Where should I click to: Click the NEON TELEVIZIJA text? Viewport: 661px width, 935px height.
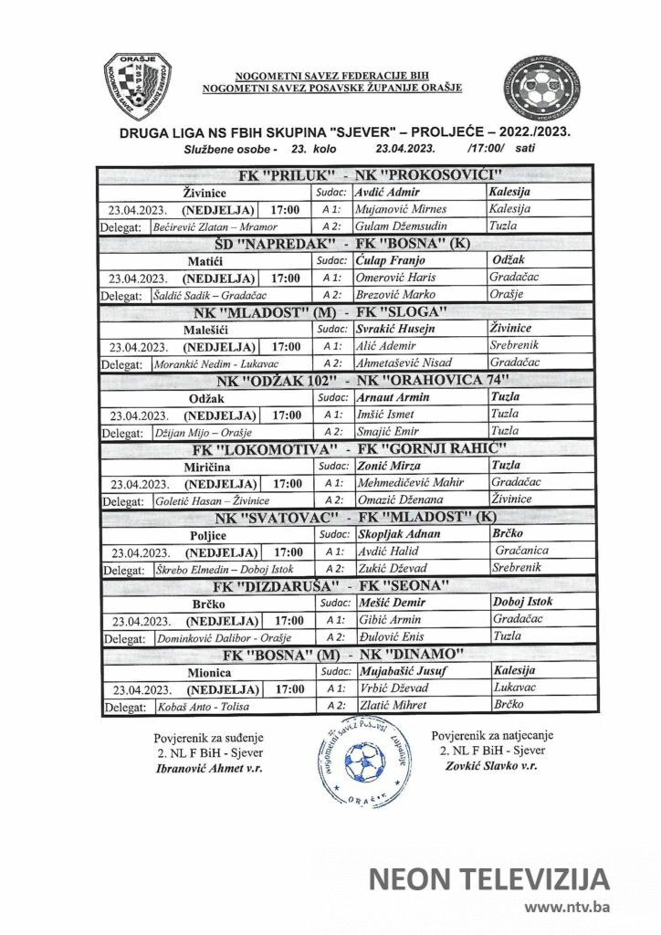488,879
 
